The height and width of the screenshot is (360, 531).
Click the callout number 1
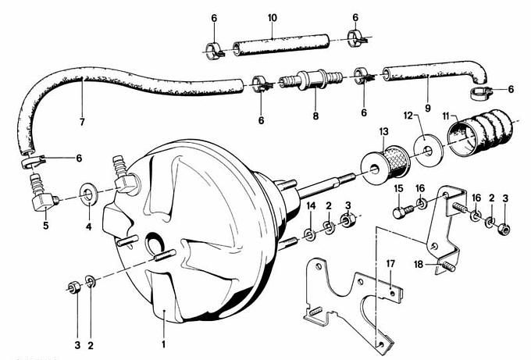pos(164,343)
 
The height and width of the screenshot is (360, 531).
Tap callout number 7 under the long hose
pos(83,122)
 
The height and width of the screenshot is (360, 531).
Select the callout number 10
pos(272,17)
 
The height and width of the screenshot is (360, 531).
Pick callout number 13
pos(383,131)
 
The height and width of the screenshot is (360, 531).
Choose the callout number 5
pos(45,226)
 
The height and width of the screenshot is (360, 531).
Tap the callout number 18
pos(419,266)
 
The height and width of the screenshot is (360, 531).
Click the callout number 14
pos(311,205)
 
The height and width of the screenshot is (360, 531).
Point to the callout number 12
pos(408,116)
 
